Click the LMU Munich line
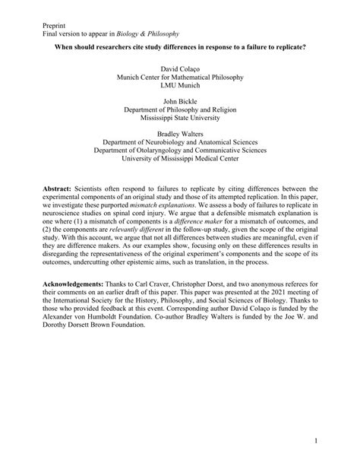coord(180,87)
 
